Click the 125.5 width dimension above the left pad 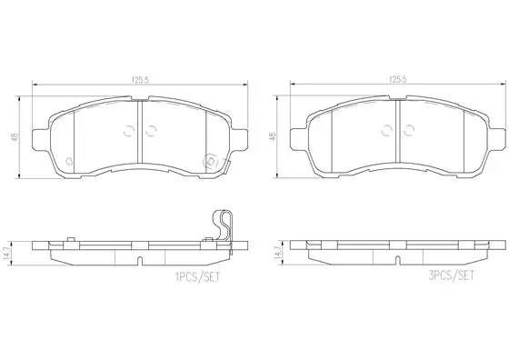point(139,80)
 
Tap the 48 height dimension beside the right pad point(273,135)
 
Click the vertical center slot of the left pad point(138,127)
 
